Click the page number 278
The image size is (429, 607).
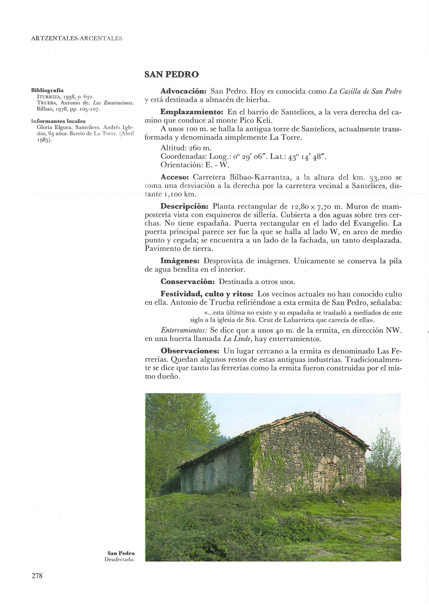tap(37, 576)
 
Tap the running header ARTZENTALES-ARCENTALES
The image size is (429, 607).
tap(76, 38)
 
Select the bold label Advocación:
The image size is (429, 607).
tap(183, 92)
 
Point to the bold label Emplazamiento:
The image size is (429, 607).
tap(192, 112)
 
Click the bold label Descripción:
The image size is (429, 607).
tap(184, 207)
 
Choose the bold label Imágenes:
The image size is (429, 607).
tap(180, 261)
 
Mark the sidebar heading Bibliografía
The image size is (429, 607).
tap(47, 91)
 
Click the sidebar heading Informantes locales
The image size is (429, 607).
tap(58, 121)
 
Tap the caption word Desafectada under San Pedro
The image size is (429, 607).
tap(119, 559)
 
